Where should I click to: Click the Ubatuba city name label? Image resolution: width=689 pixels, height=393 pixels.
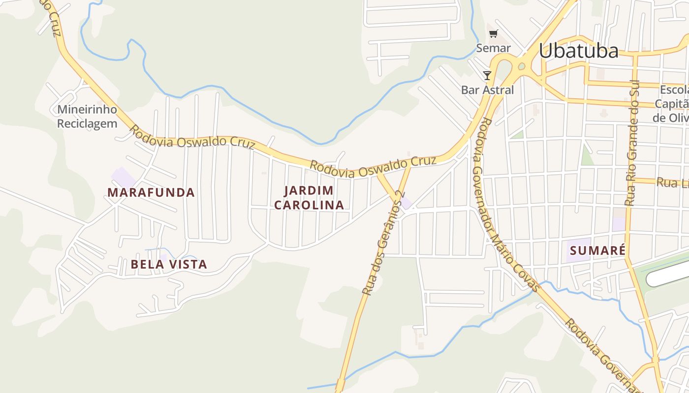578,51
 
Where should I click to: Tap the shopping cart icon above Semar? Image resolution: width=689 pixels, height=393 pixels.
493,33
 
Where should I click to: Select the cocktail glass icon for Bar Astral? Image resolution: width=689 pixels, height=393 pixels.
487,75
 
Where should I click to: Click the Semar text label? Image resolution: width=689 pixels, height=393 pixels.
493,48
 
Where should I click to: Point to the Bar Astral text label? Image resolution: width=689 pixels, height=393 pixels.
487,90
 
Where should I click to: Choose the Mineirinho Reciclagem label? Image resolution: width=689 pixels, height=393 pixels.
87,116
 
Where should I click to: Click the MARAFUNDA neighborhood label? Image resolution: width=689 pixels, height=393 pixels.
151,193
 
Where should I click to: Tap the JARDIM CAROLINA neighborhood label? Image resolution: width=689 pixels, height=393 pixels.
309,198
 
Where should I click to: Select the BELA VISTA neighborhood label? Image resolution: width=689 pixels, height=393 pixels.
169,264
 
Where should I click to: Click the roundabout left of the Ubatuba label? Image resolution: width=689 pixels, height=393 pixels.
521,66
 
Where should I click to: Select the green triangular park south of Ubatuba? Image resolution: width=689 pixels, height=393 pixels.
586,156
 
